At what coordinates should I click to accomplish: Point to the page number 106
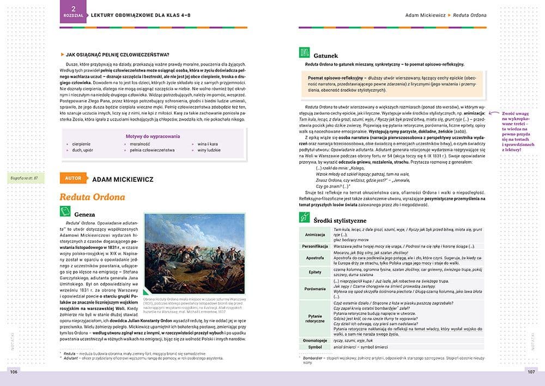tap(14, 372)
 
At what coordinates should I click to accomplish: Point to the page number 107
tap(531, 372)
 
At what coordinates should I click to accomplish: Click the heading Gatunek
tap(325, 55)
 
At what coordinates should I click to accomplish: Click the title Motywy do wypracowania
tap(153, 136)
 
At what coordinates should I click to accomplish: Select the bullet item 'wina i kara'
tap(208, 144)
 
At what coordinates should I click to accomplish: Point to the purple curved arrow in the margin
tap(494, 113)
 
